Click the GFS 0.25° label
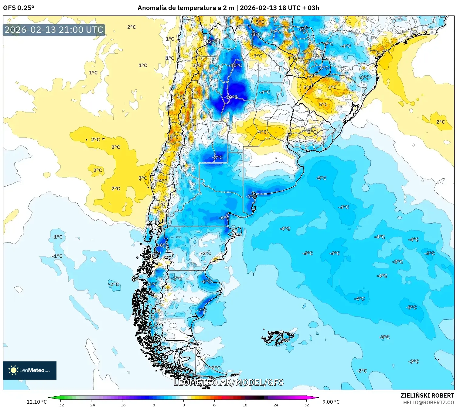pyautogui.click(x=19, y=8)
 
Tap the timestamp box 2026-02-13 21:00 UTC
pyautogui.click(x=54, y=30)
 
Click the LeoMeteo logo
pyautogui.click(x=30, y=370)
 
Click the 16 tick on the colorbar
pyautogui.click(x=245, y=405)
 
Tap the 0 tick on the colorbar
pyautogui.click(x=183, y=405)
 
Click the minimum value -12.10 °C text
pyautogui.click(x=36, y=402)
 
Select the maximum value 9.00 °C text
pyautogui.click(x=331, y=402)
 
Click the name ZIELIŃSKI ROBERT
pyautogui.click(x=427, y=395)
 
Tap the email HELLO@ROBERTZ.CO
pyautogui.click(x=428, y=402)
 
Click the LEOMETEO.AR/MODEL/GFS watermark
pyautogui.click(x=229, y=382)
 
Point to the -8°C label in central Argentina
pyautogui.click(x=217, y=157)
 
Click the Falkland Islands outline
pyautogui.click(x=278, y=338)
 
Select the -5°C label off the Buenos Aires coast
pyautogui.click(x=321, y=178)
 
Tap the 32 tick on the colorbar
pyautogui.click(x=306, y=405)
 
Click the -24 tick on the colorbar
pyautogui.click(x=91, y=405)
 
